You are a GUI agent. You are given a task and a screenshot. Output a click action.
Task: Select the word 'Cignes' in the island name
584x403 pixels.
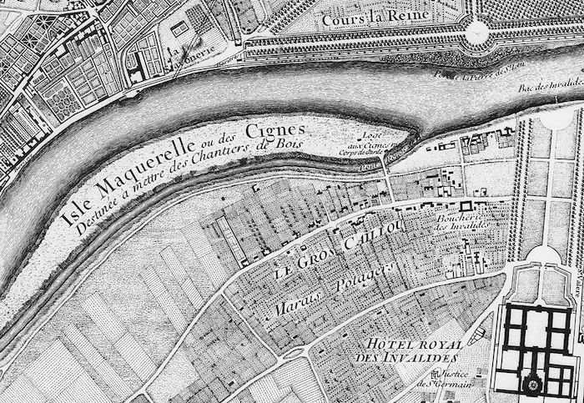coord(274,129)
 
